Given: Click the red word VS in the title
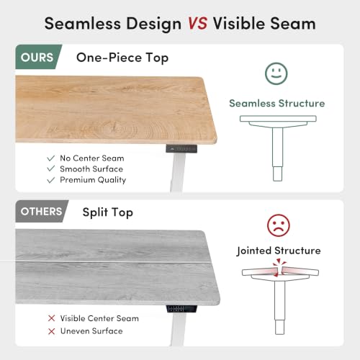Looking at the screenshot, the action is pos(197,24).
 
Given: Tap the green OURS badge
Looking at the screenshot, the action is pos(38,57).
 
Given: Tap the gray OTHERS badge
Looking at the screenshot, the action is pos(42,211).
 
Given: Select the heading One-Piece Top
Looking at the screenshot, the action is pos(122,58).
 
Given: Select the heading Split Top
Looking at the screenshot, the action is pos(108,212).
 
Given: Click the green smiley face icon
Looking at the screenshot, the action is pos(276,73).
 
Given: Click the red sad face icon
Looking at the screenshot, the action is pos(279,225).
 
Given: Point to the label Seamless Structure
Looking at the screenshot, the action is pos(277,103).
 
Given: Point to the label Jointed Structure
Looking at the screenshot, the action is pos(279,251).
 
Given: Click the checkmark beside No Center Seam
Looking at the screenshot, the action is pos(51,158).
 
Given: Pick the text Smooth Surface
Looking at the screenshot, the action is pos(91,169).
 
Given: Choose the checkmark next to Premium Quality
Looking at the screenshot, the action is pos(51,180).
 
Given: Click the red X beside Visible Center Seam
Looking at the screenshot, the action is pos(51,318).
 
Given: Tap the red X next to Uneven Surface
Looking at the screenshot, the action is pos(51,331).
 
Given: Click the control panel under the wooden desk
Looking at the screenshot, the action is pos(181,148).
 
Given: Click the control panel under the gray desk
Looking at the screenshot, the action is pos(182,309).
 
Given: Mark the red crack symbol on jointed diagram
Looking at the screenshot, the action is pos(279,268).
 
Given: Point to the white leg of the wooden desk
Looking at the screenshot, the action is pos(178,172).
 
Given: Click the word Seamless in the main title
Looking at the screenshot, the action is pos(83,24).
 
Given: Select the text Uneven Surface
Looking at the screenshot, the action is pos(91,331).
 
